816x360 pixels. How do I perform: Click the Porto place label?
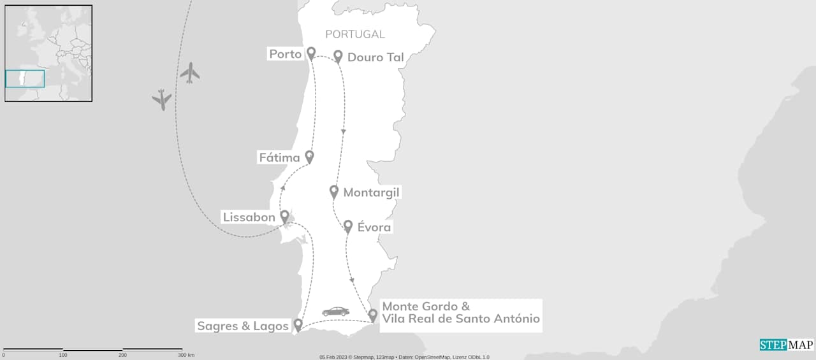pyautogui.click(x=285, y=55)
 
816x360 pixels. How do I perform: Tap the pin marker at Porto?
pyautogui.click(x=311, y=54)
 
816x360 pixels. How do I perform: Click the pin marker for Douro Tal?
pyautogui.click(x=339, y=57)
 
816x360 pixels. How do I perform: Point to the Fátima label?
pyautogui.click(x=279, y=157)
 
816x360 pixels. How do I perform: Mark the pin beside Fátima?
pyautogui.click(x=310, y=156)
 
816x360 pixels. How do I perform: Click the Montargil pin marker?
pyautogui.click(x=334, y=191)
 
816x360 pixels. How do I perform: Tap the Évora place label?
pyautogui.click(x=374, y=227)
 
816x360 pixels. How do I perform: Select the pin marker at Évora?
pyautogui.click(x=348, y=226)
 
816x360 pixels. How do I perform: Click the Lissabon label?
pyautogui.click(x=249, y=217)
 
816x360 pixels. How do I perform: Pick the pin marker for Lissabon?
pyautogui.click(x=284, y=217)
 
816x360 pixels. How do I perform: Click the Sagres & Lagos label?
pyautogui.click(x=242, y=326)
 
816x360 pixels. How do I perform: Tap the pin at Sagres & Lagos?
pyautogui.click(x=298, y=325)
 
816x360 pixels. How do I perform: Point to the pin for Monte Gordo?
pyautogui.click(x=373, y=315)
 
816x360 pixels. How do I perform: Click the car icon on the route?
pyautogui.click(x=335, y=312)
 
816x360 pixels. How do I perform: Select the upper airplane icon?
pyautogui.click(x=189, y=73)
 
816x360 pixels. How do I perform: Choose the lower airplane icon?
pyautogui.click(x=162, y=99)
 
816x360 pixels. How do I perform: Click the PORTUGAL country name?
pyautogui.click(x=355, y=34)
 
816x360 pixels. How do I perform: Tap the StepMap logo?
pyautogui.click(x=787, y=345)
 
